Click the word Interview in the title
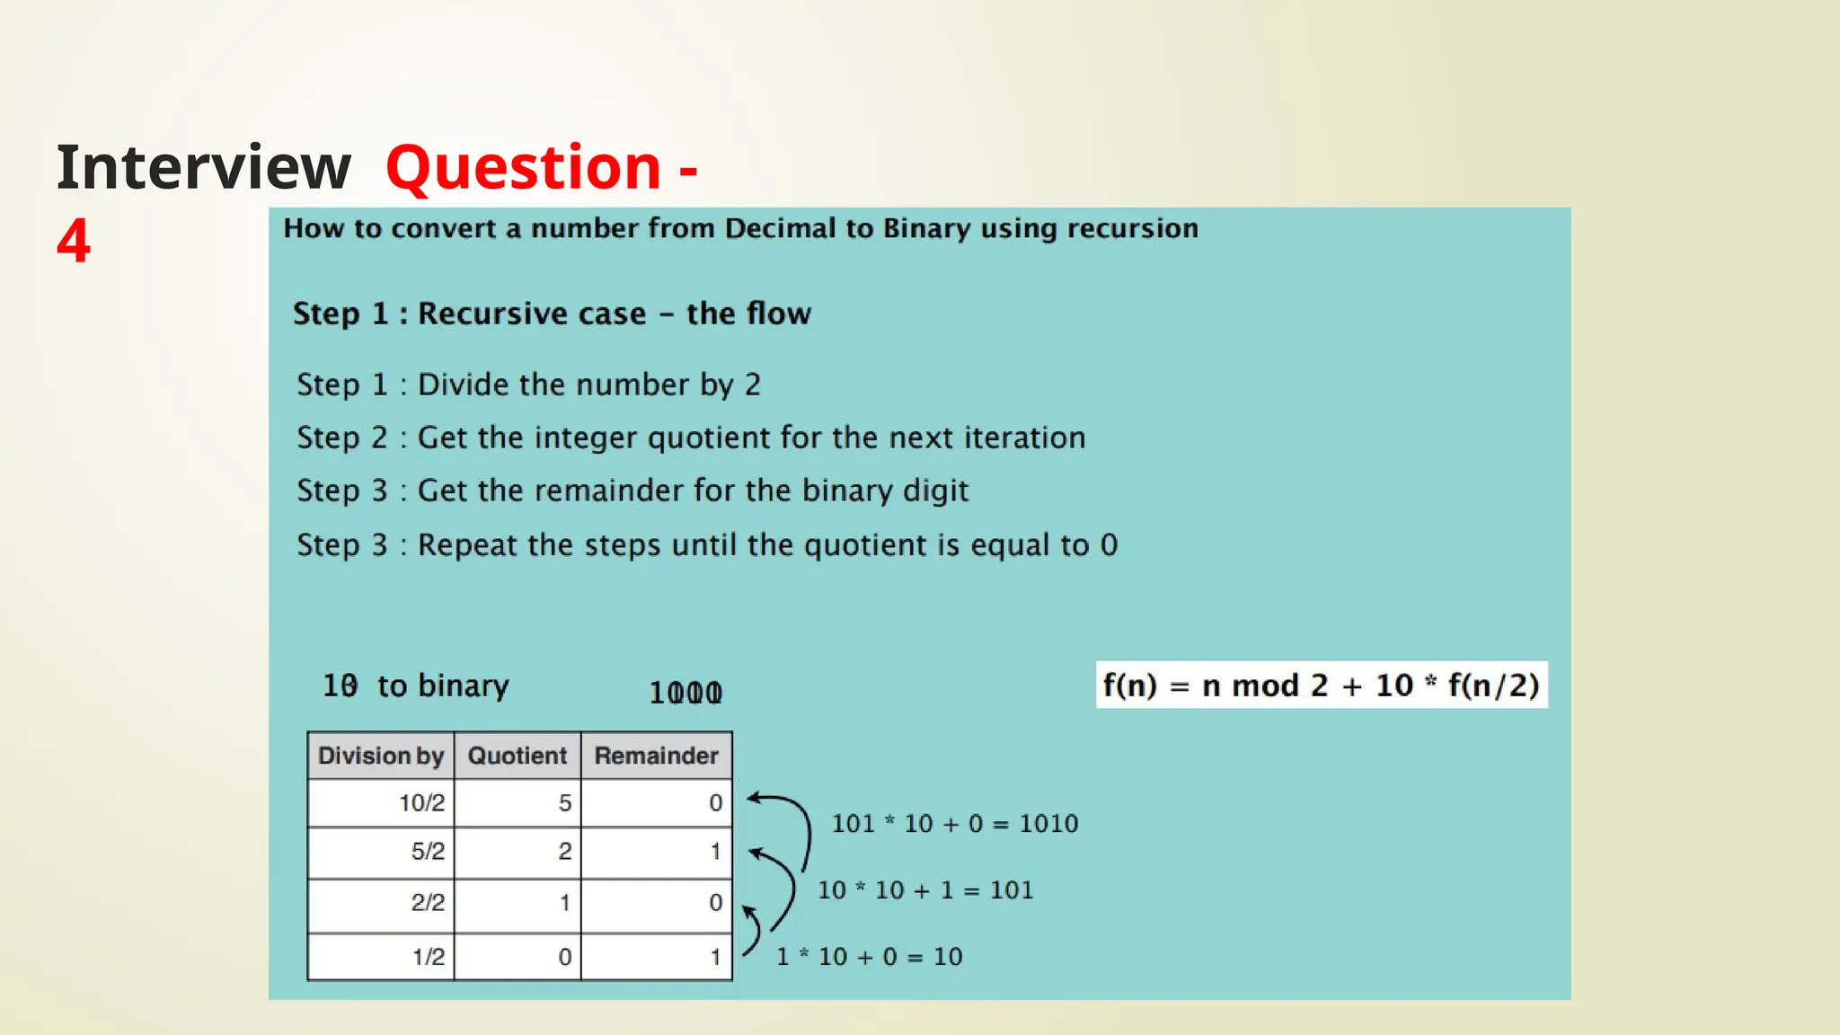point(204,168)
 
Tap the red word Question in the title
point(524,168)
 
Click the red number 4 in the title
point(74,241)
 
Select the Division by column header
point(381,756)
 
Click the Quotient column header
point(517,756)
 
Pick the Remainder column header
point(656,756)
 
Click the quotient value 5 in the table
point(564,802)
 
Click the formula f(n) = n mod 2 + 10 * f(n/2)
point(1321,686)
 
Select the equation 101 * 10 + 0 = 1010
point(954,823)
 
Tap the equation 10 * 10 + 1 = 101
point(925,890)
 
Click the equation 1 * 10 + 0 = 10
point(869,957)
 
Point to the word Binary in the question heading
point(926,229)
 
